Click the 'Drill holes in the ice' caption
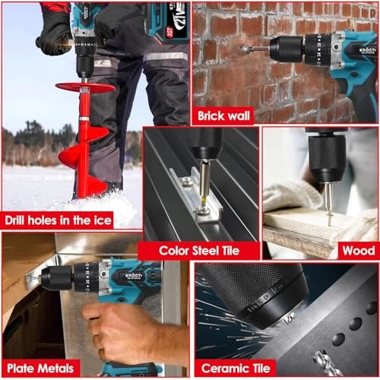tap(58, 220)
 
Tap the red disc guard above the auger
tap(84, 87)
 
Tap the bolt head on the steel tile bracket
tap(186, 181)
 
